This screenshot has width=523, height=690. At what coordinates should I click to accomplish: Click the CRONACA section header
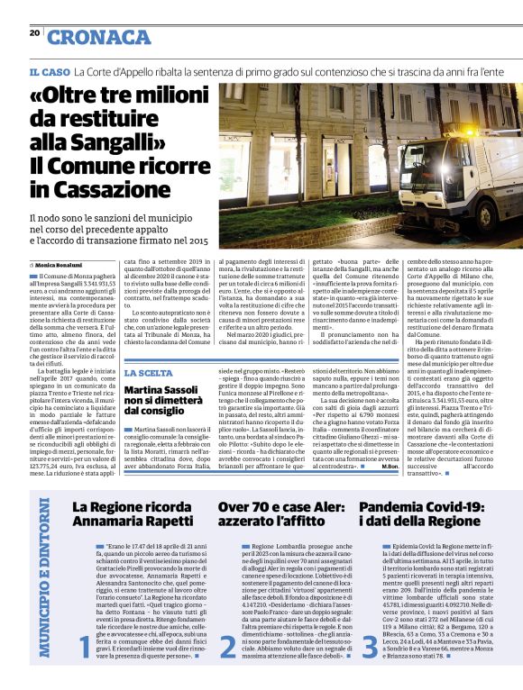[x=99, y=37]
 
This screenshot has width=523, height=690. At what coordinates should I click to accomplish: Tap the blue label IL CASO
[x=50, y=71]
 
